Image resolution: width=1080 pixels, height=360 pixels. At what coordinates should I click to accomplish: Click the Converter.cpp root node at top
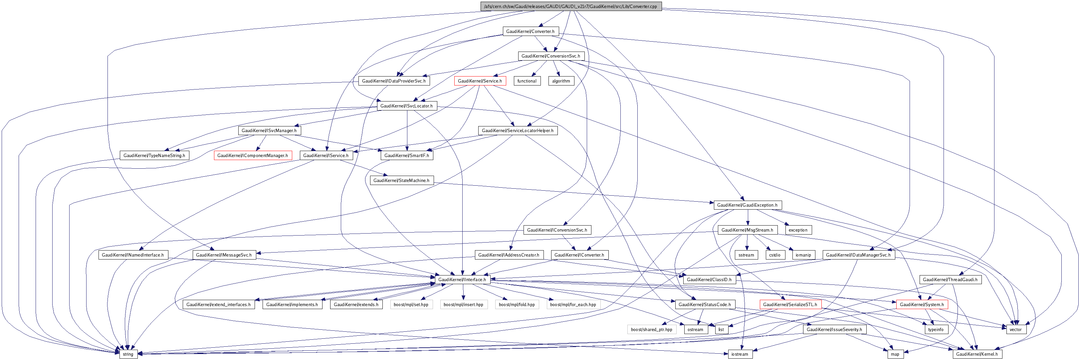pos(570,6)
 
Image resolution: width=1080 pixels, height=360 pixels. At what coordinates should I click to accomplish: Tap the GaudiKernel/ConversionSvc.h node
pos(550,56)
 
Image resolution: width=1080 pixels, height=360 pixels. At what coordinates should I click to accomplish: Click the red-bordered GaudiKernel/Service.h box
pos(480,81)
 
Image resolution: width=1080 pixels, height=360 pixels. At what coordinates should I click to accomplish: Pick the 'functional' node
pos(527,81)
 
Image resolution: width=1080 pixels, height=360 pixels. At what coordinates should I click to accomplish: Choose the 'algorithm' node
pos(560,81)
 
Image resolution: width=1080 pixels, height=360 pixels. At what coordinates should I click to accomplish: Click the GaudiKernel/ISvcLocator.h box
pos(406,106)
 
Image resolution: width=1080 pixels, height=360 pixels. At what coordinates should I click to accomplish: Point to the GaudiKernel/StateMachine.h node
pos(401,181)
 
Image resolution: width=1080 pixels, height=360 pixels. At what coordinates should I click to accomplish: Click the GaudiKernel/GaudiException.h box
pos(747,205)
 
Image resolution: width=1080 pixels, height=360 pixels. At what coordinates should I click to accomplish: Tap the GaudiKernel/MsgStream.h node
pos(747,230)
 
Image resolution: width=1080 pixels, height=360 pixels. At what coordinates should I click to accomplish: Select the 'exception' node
pos(797,230)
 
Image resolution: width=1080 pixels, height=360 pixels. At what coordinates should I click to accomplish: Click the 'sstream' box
pos(746,255)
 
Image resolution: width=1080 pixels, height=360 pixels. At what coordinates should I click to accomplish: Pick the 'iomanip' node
pos(803,255)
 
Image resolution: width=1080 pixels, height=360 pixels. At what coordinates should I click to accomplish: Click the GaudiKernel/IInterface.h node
pos(462,279)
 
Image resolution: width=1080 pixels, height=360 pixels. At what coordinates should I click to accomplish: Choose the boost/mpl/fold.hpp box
pos(517,305)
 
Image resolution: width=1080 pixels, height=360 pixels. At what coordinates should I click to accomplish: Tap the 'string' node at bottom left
pos(128,354)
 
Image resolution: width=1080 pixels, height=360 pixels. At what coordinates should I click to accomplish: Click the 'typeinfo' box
pos(935,329)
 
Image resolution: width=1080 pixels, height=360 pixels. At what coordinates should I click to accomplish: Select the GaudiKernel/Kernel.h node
pos(977,354)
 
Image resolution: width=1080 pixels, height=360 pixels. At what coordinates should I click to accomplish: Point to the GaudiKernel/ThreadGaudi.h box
pos(950,279)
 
